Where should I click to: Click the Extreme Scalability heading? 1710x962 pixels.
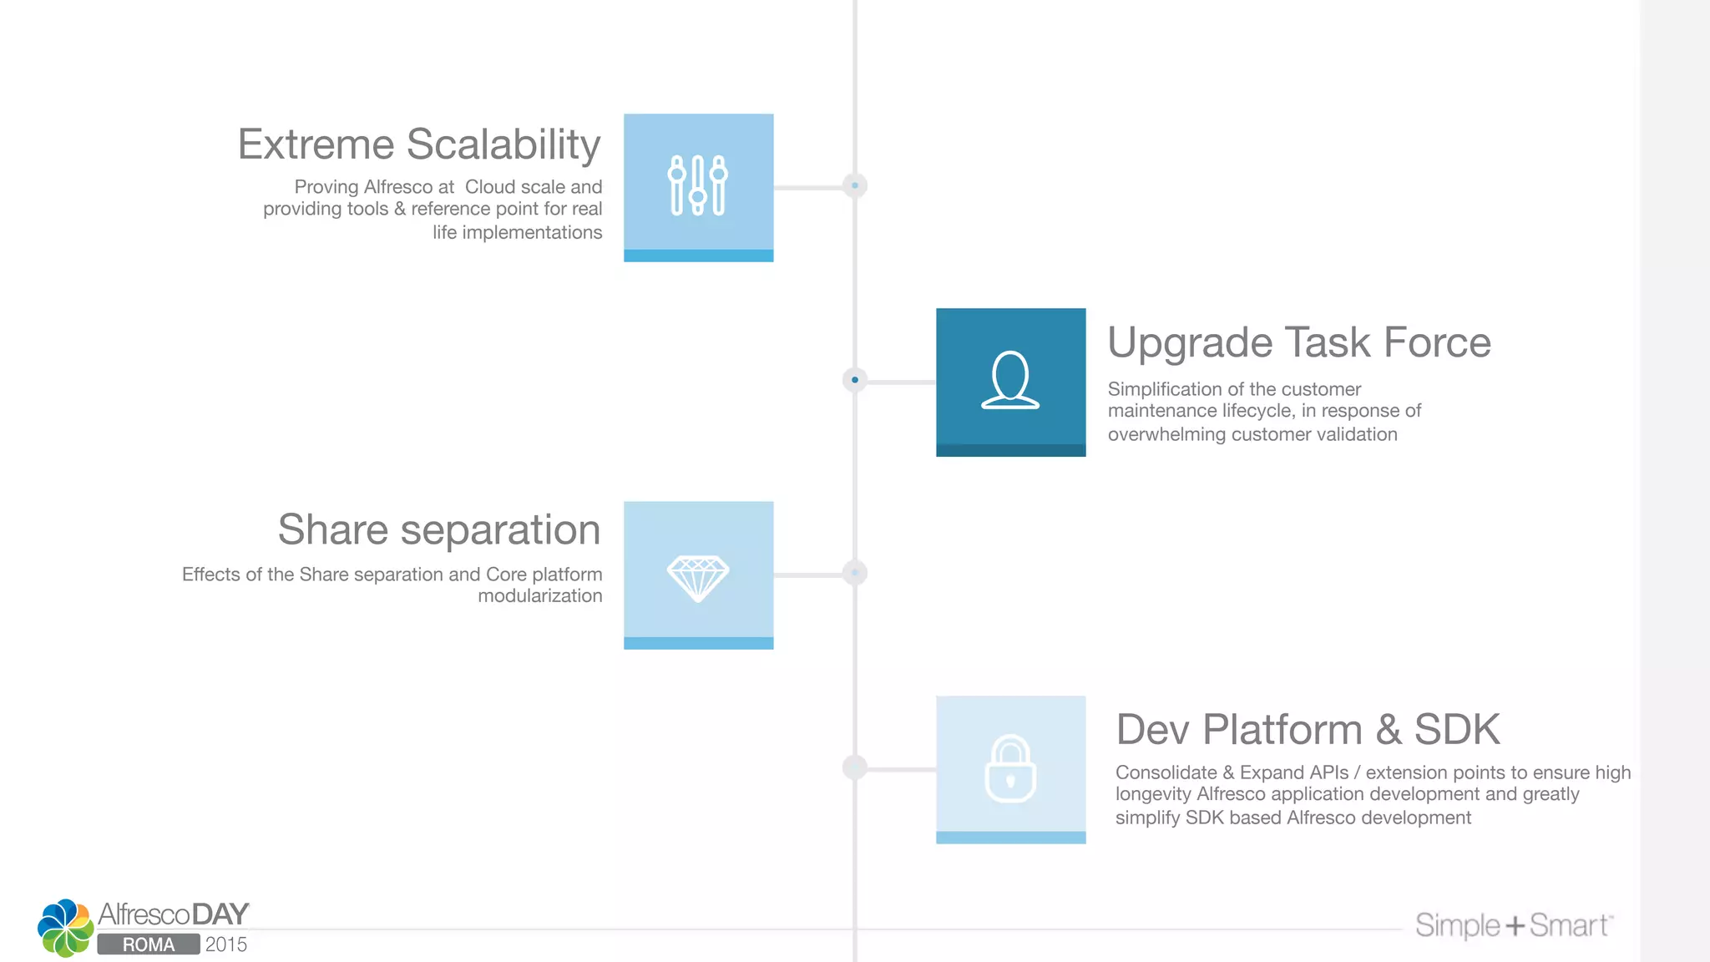[x=419, y=144]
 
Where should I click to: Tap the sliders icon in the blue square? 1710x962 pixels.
[x=698, y=185]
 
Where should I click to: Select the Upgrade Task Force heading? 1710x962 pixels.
[x=1299, y=342]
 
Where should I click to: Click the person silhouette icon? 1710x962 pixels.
[x=1010, y=380]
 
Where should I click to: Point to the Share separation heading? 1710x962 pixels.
[x=439, y=530]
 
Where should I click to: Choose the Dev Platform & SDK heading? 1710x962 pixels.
[x=1308, y=730]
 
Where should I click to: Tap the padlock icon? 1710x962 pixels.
[x=1010, y=769]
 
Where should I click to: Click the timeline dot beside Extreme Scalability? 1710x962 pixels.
[x=855, y=185]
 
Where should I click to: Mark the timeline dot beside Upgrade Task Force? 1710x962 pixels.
[x=855, y=380]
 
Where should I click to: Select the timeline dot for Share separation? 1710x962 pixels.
[x=855, y=573]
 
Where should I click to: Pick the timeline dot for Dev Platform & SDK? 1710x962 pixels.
[x=855, y=767]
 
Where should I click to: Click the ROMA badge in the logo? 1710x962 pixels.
[x=149, y=944]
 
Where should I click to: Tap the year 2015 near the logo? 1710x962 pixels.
[x=226, y=944]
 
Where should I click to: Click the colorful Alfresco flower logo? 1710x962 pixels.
[x=65, y=928]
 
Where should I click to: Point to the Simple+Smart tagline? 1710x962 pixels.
[x=1513, y=925]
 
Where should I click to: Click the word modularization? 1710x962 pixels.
[x=539, y=596]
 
